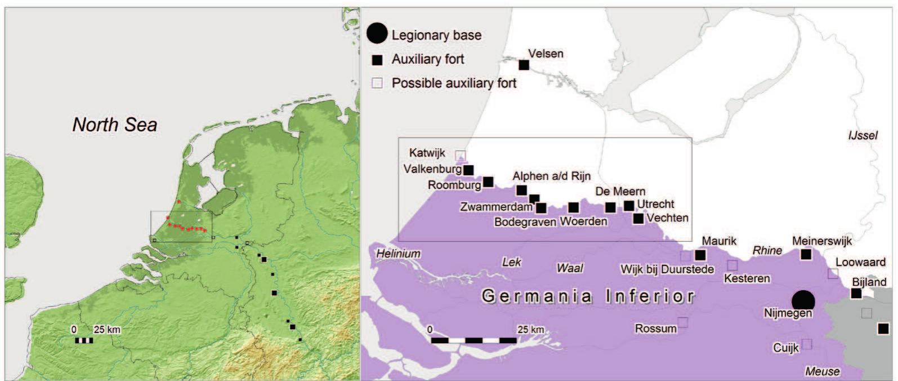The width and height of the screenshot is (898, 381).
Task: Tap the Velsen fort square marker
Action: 524,65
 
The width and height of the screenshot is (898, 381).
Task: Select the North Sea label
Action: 115,125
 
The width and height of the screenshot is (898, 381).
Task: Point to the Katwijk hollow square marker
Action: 461,155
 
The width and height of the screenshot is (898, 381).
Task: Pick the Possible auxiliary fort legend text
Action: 454,83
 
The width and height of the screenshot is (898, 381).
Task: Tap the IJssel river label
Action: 863,135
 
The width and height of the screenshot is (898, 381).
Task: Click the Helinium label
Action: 398,254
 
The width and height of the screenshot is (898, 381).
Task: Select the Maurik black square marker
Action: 700,255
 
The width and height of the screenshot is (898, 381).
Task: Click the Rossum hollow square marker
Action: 682,322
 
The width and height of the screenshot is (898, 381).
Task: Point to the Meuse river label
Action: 823,371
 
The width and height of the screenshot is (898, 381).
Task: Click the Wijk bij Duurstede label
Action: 667,269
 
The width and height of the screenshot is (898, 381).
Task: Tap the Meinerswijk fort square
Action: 806,254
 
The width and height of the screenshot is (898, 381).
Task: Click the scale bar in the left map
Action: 84,340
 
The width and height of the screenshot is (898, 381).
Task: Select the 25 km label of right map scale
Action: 530,329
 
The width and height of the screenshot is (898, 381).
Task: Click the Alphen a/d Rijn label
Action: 551,176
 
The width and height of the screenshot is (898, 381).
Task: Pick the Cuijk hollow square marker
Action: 807,344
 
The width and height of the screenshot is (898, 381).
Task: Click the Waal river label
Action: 570,268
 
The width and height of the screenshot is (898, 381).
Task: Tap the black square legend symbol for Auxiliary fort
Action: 377,60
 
